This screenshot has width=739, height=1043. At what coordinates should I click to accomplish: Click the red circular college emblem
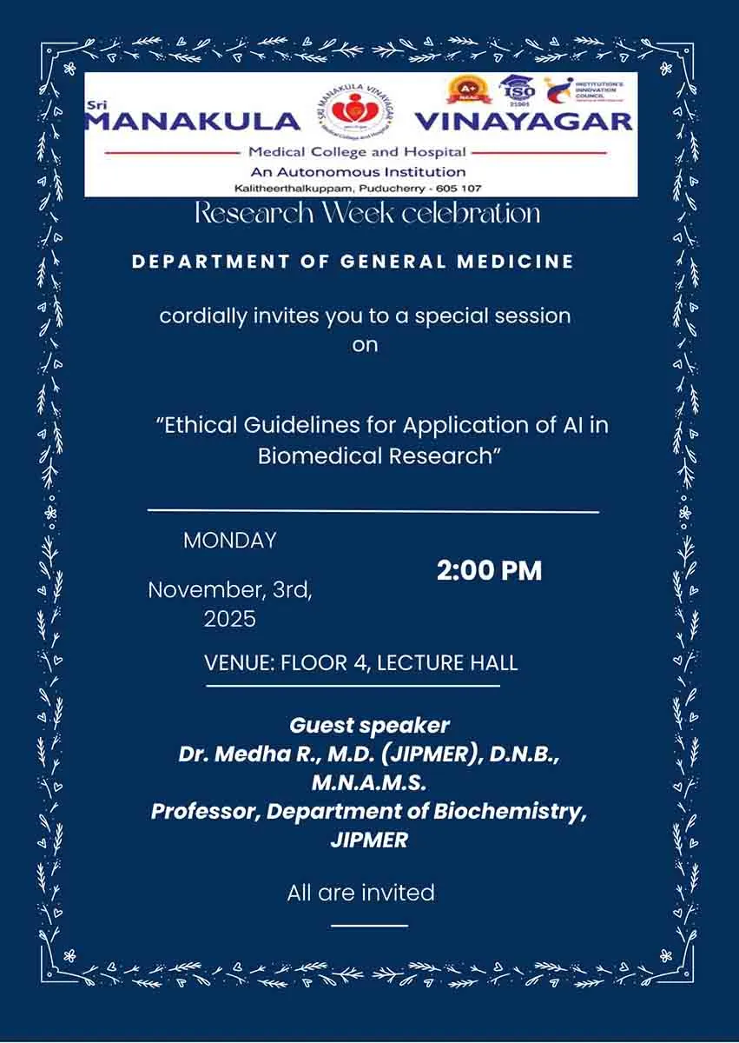point(355,113)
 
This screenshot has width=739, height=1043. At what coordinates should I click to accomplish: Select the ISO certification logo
point(518,90)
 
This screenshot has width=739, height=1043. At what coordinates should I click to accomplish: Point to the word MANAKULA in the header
point(193,121)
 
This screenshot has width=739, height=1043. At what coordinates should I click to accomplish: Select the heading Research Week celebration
point(367,213)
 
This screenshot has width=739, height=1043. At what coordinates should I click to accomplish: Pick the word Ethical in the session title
point(202,426)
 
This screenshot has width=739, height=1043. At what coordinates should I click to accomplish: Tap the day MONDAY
point(229,540)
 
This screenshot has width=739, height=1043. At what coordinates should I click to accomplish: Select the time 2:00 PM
point(489,570)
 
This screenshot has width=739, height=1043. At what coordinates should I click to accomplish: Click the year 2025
point(230,619)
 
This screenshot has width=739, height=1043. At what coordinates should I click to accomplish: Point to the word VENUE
point(238,663)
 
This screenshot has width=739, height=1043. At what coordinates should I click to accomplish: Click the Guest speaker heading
point(370,725)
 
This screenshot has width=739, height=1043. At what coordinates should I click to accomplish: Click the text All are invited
point(360,893)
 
